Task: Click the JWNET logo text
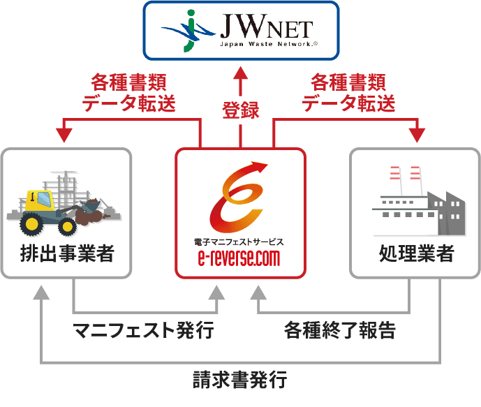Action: click(x=266, y=30)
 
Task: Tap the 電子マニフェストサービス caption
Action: click(x=239, y=242)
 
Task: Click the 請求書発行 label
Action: click(x=239, y=381)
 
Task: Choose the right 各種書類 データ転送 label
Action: click(x=348, y=94)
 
